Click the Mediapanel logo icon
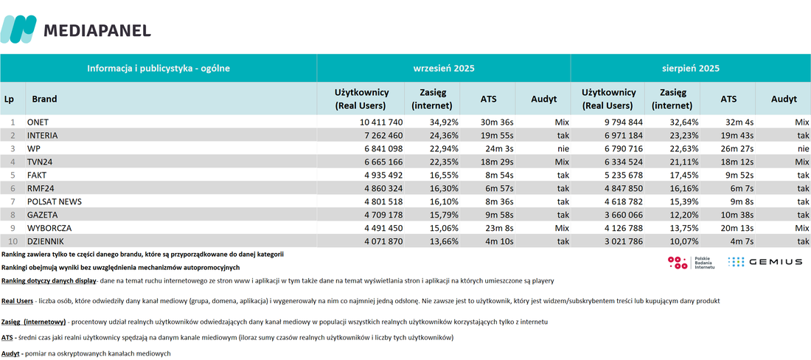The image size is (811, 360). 18,29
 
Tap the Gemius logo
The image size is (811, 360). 765,262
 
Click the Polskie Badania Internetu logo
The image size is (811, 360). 691,262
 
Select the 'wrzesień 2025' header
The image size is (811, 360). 443,69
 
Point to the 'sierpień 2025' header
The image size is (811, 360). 691,69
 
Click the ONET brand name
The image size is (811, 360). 38,122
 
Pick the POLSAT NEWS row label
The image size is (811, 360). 55,201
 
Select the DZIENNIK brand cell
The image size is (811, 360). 46,241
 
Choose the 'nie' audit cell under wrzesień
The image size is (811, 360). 563,148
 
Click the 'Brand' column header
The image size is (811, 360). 44,100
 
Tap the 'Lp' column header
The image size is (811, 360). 9,100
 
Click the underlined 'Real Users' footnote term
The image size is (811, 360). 17,301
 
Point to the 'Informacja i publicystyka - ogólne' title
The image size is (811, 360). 159,69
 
